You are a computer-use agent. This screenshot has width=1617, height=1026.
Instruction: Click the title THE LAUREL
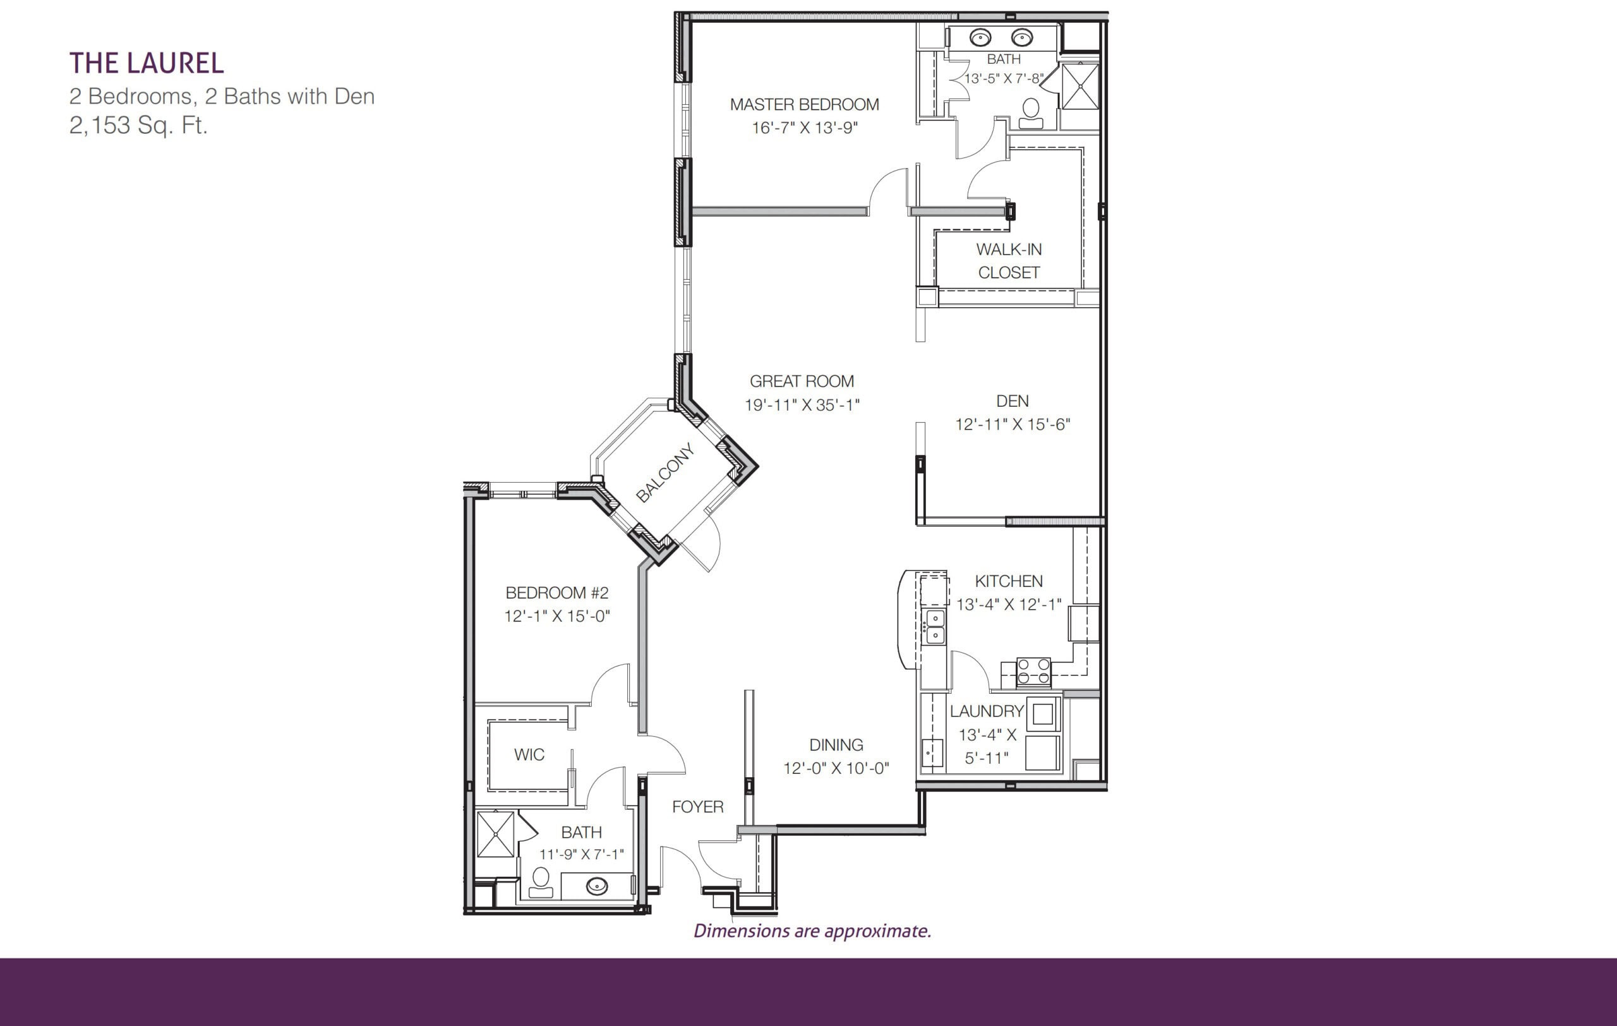coord(147,63)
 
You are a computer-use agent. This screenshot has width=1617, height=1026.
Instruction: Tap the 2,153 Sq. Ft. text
coord(138,126)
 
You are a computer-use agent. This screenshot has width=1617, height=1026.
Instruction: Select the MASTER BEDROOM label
coord(805,105)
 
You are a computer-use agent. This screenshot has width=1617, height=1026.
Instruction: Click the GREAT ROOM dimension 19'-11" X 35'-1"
coord(802,405)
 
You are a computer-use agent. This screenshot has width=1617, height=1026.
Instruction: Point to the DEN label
coord(1012,401)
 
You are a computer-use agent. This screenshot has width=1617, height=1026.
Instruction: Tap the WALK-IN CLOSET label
coord(1009,260)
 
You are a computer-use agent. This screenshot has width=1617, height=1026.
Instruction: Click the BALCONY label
coord(664,473)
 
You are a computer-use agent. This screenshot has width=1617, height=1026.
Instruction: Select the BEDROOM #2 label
coord(556,593)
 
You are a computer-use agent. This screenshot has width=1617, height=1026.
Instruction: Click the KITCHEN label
coord(1009,581)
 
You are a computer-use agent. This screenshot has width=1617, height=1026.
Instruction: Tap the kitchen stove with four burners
coord(1033,672)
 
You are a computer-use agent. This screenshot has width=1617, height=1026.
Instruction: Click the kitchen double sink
coord(935,627)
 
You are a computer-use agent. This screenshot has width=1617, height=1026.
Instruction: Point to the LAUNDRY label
coord(987,711)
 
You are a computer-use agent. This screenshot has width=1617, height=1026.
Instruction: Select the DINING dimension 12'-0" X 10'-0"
coord(836,768)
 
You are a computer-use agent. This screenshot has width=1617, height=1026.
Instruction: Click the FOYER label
coord(698,806)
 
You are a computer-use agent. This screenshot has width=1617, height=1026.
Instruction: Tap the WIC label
coord(529,754)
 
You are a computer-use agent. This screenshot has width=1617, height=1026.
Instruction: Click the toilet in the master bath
coord(1031,114)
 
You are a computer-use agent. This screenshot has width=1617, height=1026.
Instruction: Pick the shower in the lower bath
coord(496,834)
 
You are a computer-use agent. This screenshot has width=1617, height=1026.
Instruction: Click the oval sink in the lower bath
coord(597,886)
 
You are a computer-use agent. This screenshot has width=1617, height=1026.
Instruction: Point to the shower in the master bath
coord(1080,86)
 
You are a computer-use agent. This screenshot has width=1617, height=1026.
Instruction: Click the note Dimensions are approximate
coord(812,931)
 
